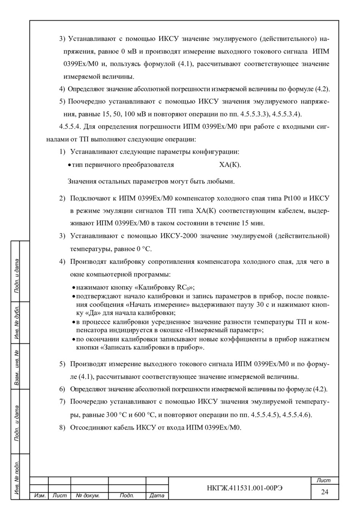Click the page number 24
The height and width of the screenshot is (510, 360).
[x=324, y=492]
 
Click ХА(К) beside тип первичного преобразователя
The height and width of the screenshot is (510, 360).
[x=230, y=165]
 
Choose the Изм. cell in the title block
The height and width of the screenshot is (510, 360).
[x=40, y=496]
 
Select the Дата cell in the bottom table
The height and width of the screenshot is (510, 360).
[x=157, y=496]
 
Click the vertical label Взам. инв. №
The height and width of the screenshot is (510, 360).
[x=17, y=366]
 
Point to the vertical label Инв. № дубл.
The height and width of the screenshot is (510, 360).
[x=17, y=322]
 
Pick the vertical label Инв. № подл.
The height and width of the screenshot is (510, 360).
[x=17, y=477]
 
